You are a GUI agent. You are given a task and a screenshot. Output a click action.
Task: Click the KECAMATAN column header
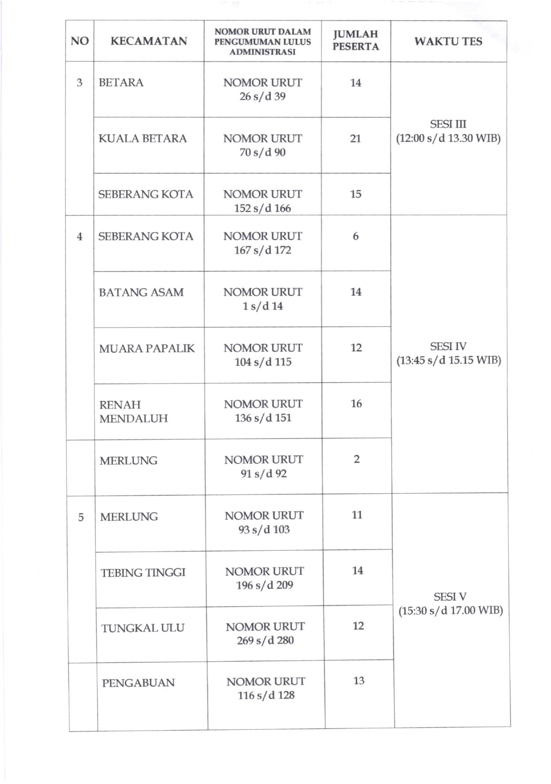[149, 41]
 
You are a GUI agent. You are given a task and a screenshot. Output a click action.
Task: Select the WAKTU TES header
[448, 42]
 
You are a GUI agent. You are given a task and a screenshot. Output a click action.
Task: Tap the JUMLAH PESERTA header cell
[356, 40]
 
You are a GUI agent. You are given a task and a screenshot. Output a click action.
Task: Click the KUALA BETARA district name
[142, 138]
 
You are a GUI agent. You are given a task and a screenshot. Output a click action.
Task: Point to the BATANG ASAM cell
[141, 292]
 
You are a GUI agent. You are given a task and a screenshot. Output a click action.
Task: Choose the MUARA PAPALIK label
[146, 348]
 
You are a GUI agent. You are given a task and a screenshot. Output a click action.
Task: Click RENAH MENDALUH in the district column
[133, 411]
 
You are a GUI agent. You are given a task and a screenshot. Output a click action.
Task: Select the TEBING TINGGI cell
[143, 573]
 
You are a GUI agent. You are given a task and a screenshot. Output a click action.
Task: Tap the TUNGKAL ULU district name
[142, 628]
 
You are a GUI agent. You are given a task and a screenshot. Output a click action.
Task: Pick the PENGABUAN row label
[138, 683]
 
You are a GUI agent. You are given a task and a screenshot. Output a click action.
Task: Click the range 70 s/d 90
[262, 152]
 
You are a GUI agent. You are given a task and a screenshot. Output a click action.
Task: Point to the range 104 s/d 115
[263, 362]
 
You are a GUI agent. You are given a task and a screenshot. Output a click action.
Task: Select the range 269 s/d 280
[265, 640]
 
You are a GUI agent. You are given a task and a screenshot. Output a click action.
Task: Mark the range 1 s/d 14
[263, 306]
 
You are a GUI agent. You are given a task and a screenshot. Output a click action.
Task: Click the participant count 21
[356, 138]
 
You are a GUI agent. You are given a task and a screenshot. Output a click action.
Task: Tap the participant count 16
[356, 403]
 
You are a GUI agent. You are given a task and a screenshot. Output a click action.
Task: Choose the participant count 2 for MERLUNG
[356, 459]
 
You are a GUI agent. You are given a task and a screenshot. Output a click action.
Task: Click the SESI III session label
[448, 124]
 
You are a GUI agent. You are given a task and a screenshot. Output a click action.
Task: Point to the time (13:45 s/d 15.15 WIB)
[448, 360]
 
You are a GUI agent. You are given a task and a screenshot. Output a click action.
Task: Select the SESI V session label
[450, 597]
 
